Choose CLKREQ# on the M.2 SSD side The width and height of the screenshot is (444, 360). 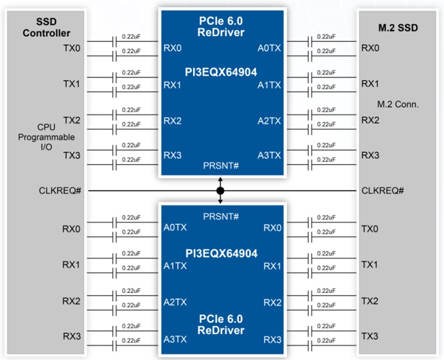(382, 191)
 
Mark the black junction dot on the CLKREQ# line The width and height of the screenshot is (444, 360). (220, 191)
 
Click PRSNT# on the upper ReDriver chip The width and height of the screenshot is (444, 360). (221, 166)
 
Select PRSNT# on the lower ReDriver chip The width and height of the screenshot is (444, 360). (221, 215)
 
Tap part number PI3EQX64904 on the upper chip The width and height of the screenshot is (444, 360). (221, 72)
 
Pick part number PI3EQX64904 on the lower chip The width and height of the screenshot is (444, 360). (221, 253)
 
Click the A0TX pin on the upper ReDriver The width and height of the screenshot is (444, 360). (269, 48)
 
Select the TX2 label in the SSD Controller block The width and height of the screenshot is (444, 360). (72, 120)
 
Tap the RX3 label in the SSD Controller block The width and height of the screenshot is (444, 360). (71, 337)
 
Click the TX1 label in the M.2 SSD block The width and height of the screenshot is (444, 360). (370, 264)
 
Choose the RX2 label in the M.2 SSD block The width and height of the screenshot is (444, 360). (370, 120)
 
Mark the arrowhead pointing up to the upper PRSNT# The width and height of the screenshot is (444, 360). (220, 180)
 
